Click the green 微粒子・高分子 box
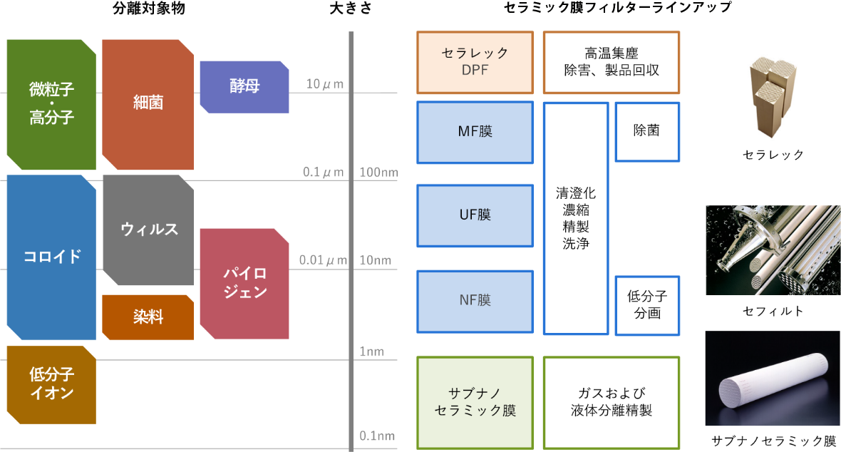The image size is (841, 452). tap(51, 104)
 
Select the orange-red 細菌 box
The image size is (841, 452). tap(148, 104)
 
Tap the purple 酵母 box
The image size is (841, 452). tap(244, 86)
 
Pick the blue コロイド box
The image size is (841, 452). tap(51, 257)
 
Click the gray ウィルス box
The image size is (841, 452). tap(148, 230)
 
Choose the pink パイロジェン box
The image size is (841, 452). tap(244, 283)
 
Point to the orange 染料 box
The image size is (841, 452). tap(148, 317)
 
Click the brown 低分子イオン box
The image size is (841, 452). tap(51, 384)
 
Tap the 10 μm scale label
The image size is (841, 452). tap(324, 84)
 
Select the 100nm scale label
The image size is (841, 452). tap(378, 173)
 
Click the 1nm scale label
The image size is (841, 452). tap(371, 351)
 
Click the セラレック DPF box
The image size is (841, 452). tap(475, 62)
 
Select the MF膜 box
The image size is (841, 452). tap(475, 132)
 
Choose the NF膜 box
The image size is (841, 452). tap(475, 301)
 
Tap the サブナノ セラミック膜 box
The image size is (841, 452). tap(475, 403)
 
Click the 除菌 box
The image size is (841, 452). tap(646, 131)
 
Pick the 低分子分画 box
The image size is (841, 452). tap(646, 304)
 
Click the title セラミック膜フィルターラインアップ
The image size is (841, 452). tap(611, 8)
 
